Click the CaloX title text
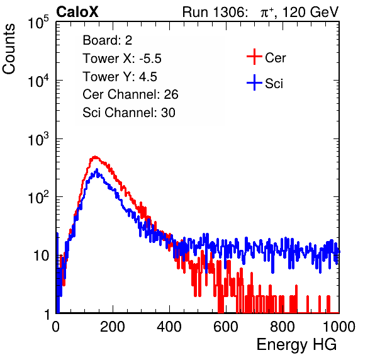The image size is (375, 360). (x=77, y=12)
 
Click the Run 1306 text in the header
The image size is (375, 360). (x=215, y=12)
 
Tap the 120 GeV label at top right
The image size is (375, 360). (x=311, y=12)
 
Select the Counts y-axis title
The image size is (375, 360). (x=9, y=49)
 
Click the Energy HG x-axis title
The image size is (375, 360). (x=296, y=345)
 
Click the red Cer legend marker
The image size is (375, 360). (x=254, y=57)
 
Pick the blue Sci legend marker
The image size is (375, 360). (x=254, y=82)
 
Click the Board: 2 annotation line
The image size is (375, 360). (x=108, y=40)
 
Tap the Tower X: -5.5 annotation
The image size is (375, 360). (x=122, y=59)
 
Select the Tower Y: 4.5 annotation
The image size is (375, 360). (x=120, y=77)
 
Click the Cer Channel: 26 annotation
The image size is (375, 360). (x=130, y=94)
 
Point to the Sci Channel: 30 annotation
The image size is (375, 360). (x=129, y=113)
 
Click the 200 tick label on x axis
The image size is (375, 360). (x=113, y=327)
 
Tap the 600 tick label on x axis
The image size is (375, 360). (x=226, y=327)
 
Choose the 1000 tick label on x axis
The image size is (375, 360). (x=339, y=327)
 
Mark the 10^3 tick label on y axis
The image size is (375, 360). (x=38, y=140)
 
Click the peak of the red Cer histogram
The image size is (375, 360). (x=95, y=157)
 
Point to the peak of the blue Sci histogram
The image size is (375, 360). (x=97, y=169)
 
